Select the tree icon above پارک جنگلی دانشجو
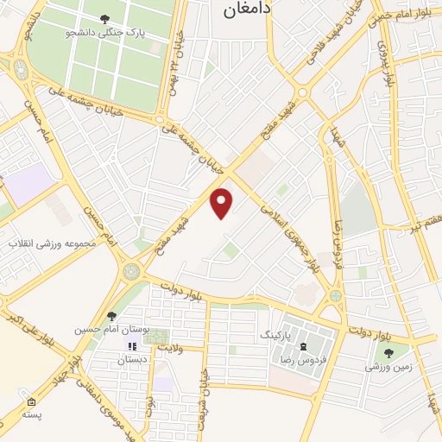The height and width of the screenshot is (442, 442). point(104,18)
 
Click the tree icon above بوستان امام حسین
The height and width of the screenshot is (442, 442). point(111,317)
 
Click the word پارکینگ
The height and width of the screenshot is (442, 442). point(277,331)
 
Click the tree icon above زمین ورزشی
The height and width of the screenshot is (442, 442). point(387,352)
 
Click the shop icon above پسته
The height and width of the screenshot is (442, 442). point(32,402)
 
